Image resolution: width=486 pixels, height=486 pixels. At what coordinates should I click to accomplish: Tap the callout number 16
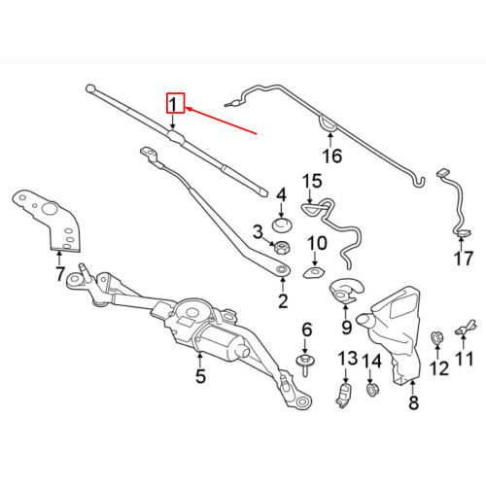coord(332,156)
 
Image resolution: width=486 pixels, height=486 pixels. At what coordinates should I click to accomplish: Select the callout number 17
coord(464,259)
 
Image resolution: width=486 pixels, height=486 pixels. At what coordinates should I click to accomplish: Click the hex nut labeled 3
coord(282,248)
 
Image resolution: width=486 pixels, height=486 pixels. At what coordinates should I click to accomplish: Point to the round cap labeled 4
coord(282,226)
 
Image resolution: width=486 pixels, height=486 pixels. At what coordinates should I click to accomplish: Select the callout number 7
coord(60,274)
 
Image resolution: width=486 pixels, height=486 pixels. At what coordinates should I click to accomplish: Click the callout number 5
coord(200,376)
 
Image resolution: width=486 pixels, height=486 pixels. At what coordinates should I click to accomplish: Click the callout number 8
coord(414,402)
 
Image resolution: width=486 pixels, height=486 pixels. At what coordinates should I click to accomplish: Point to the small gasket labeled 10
coord(314,273)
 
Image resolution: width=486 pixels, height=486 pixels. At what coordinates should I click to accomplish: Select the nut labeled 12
coord(437,338)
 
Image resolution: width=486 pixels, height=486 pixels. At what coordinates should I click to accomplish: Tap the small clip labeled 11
coord(466,328)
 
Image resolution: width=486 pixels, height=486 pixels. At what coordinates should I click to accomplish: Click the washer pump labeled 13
coord(345,396)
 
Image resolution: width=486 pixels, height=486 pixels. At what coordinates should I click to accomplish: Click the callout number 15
coord(312,182)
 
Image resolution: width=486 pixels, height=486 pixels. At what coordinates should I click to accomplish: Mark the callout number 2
coord(283,301)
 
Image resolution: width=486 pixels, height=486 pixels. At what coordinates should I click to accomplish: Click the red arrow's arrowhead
coord(189,109)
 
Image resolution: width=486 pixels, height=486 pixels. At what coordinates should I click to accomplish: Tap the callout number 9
coord(346,328)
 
